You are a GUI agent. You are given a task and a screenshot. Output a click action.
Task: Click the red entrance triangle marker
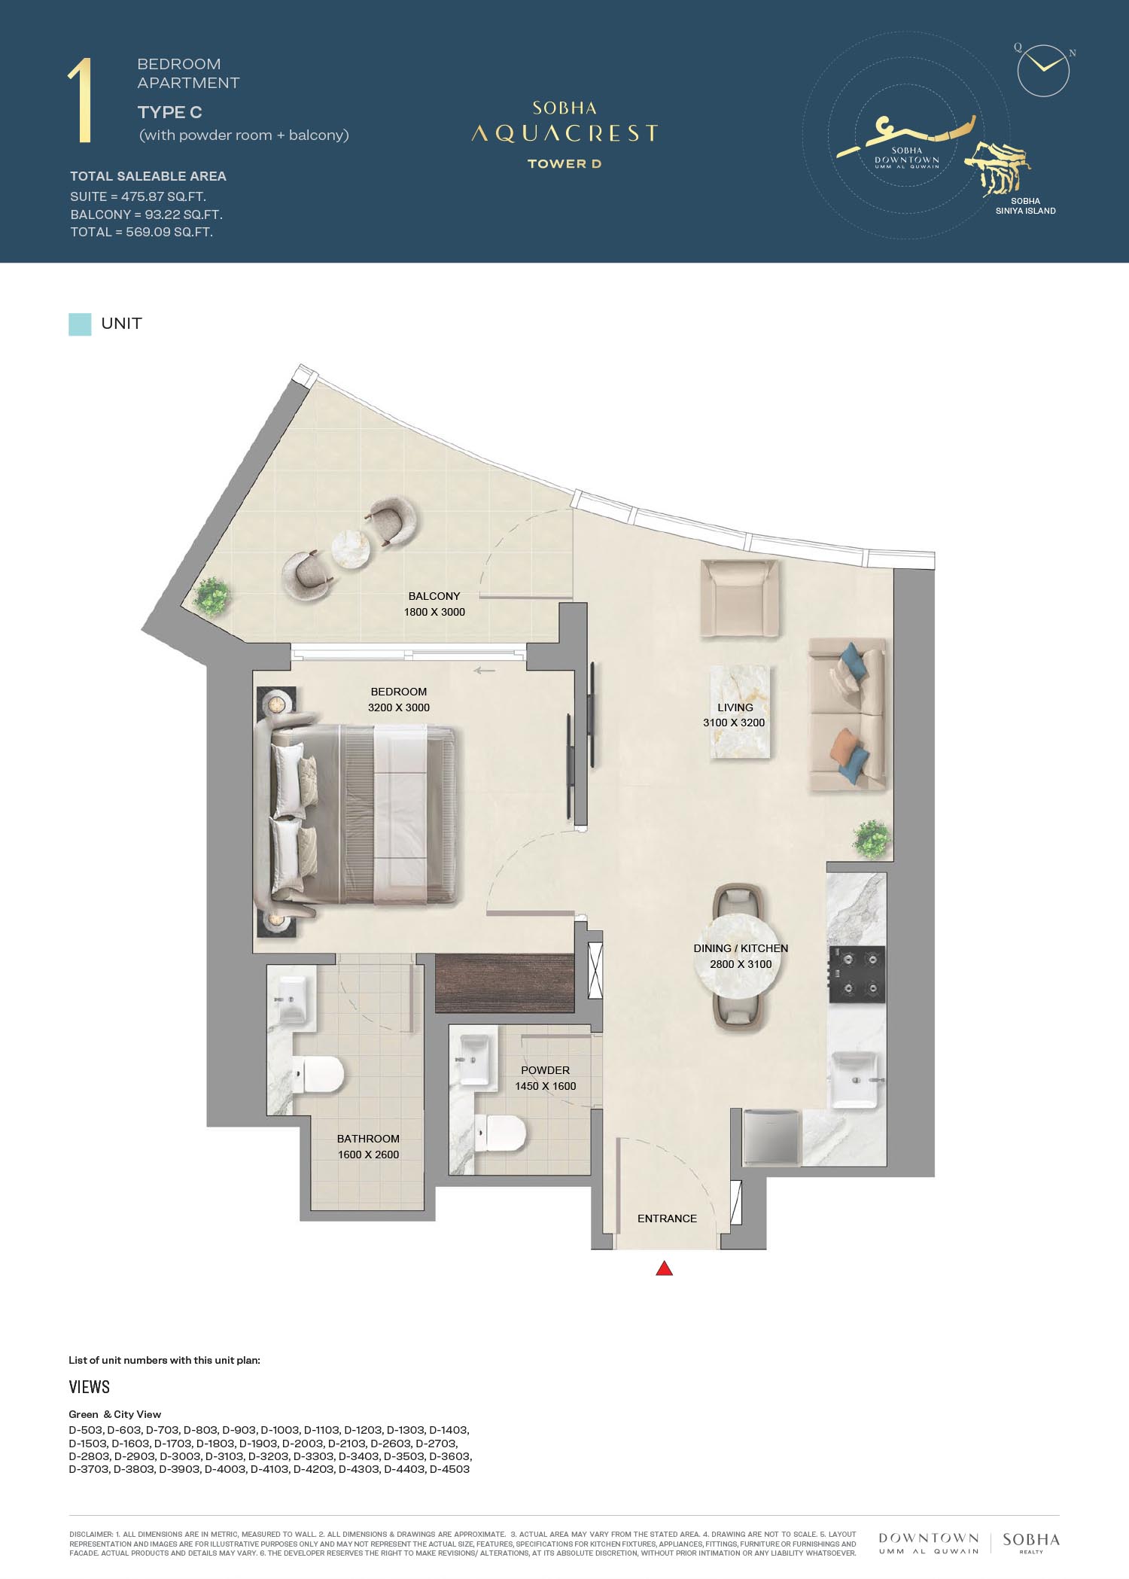pos(664,1269)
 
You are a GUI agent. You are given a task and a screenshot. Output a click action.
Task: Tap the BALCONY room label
pos(434,596)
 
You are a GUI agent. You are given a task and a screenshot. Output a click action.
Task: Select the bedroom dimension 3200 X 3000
pos(399,707)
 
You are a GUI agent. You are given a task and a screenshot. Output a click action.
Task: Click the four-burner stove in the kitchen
pos(857,975)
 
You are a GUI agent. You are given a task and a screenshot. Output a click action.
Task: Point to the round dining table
pos(741,956)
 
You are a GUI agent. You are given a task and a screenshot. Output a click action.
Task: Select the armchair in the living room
pos(739,598)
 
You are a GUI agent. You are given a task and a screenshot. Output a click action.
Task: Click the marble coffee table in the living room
pos(741,712)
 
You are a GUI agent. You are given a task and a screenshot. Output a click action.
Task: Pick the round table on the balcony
pos(351,547)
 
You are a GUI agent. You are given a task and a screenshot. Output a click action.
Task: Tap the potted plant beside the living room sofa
pos(872,838)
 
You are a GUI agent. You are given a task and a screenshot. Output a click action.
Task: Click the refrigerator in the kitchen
pos(772,1137)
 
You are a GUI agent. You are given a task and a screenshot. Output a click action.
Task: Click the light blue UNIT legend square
pos(80,324)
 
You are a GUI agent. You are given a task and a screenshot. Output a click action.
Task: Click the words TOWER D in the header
pos(564,163)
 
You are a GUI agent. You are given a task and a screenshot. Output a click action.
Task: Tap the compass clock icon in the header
pos(1043,71)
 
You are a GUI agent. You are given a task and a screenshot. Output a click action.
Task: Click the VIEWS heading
pos(90,1387)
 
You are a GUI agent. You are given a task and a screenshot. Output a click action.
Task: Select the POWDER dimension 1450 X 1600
pos(546,1086)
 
